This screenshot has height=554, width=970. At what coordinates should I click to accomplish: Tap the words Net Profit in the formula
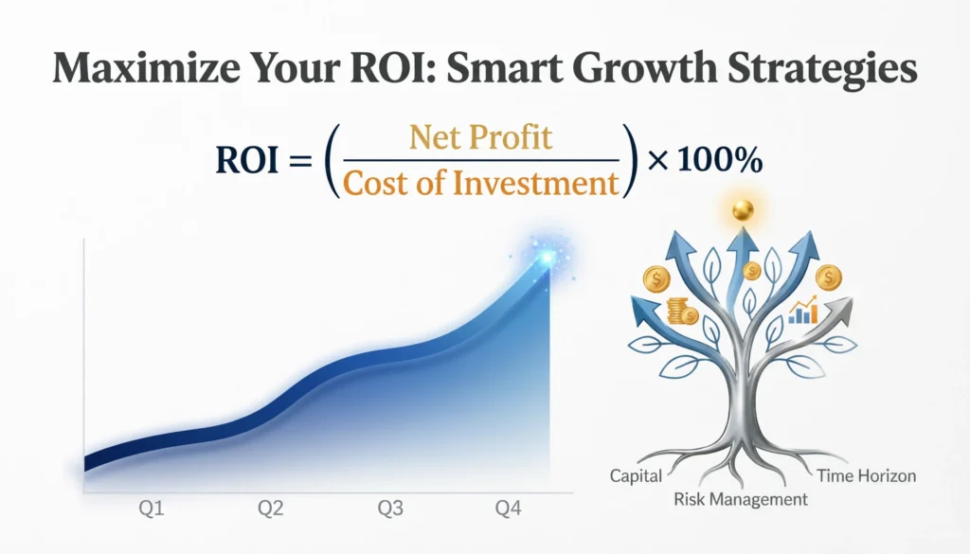click(x=480, y=138)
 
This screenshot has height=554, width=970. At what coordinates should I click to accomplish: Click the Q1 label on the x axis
click(x=153, y=509)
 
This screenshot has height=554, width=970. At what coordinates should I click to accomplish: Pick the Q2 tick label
click(x=271, y=509)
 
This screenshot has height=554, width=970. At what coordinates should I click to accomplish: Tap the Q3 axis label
click(x=390, y=509)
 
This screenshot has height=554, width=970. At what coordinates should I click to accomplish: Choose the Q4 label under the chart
click(x=510, y=509)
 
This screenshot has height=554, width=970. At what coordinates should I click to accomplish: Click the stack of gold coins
click(x=682, y=312)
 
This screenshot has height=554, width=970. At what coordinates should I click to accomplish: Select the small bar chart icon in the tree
click(x=804, y=310)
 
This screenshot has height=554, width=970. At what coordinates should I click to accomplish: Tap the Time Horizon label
click(x=866, y=475)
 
